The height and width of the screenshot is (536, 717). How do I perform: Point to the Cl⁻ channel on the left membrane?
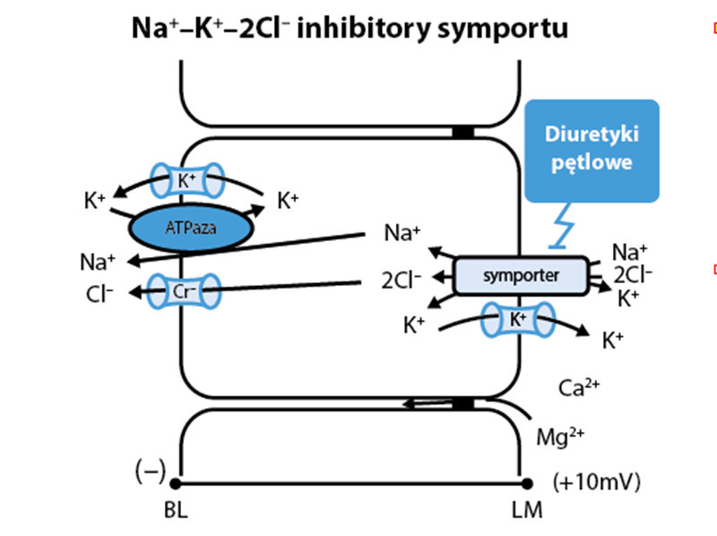(x=183, y=291)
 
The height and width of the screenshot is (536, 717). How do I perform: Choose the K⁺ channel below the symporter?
(x=519, y=319)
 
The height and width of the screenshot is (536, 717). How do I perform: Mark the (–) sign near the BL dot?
(x=149, y=472)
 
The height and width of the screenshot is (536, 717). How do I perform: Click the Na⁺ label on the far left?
(x=97, y=262)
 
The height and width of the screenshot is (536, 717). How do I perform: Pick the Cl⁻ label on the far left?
(x=98, y=292)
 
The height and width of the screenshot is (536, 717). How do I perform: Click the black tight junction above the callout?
(x=462, y=133)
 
